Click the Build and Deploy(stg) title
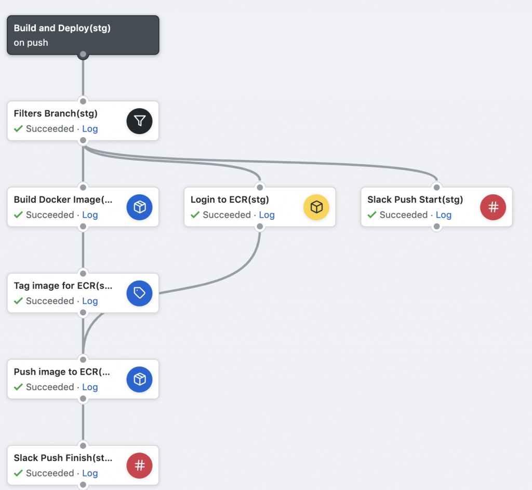62,28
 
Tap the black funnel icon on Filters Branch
139,121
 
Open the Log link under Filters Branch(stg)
90,129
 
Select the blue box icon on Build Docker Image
139,207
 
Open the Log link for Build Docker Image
90,215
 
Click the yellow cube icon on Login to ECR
316,207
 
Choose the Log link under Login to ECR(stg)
267,215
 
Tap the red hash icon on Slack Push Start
493,207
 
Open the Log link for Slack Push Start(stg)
444,215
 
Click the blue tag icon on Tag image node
139,293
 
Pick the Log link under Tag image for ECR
90,301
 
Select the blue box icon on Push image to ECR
139,379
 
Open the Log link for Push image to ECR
90,388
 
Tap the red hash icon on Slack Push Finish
139,466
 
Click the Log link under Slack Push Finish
90,474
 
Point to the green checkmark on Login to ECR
195,215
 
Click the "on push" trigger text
31,43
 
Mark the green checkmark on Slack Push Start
372,215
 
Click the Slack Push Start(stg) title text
415,200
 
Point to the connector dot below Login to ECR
260,227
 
